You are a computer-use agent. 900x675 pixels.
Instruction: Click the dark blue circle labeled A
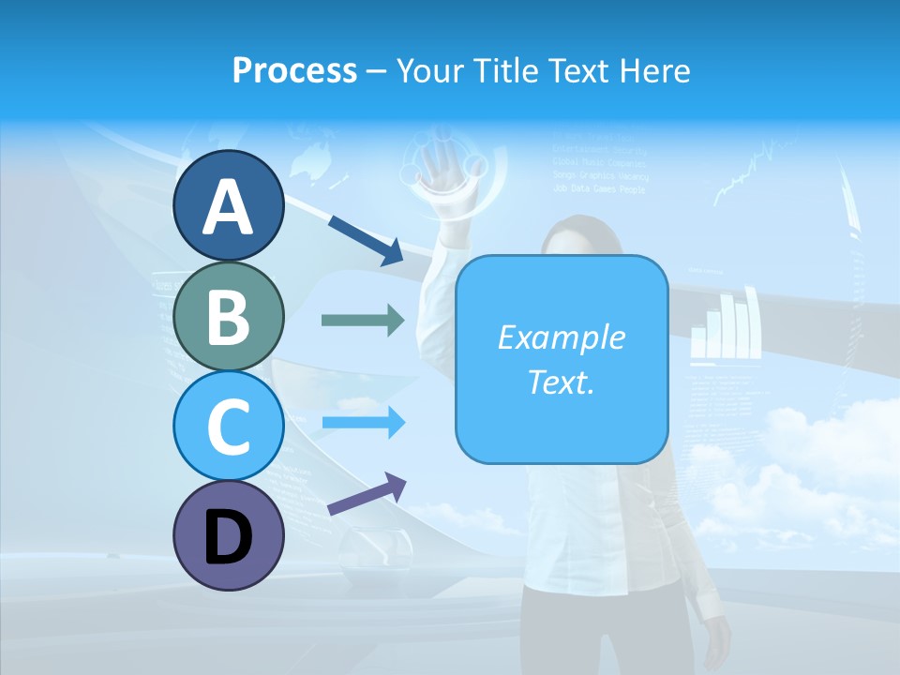[x=228, y=205]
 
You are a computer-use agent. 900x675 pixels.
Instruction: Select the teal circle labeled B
[x=228, y=316]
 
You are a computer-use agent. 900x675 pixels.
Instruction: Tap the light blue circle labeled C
[x=228, y=426]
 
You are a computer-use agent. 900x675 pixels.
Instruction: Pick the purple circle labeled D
[x=228, y=535]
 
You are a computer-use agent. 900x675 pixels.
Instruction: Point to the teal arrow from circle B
[x=363, y=321]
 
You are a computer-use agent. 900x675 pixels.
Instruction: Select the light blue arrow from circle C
[x=363, y=423]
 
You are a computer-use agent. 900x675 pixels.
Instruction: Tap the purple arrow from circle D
[x=367, y=494]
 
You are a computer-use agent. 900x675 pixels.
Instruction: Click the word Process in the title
[x=294, y=70]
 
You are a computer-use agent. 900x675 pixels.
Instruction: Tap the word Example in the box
[x=562, y=337]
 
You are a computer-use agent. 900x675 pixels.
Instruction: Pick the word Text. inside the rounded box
[x=562, y=382]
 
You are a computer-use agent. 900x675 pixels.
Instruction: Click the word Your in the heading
[x=429, y=70]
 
